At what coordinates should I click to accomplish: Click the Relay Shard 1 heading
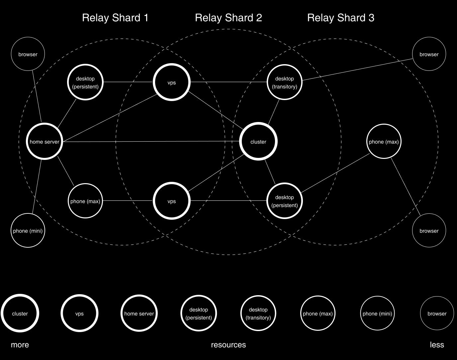click(x=115, y=18)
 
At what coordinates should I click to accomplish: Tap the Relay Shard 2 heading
click(x=228, y=18)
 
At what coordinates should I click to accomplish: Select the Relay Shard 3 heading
click(x=341, y=18)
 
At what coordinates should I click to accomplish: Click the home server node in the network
click(x=45, y=142)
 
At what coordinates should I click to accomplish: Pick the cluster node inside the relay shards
click(x=258, y=142)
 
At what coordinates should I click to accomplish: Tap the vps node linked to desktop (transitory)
click(x=171, y=82)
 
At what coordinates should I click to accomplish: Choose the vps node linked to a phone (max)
click(x=171, y=201)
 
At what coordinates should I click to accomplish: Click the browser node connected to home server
click(x=28, y=54)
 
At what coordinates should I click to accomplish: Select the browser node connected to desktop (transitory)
click(x=429, y=54)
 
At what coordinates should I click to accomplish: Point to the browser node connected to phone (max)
click(x=429, y=231)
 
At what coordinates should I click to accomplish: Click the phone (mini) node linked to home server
click(x=28, y=231)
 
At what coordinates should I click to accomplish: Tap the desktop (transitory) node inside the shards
click(x=285, y=82)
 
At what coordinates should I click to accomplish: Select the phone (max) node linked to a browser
click(x=384, y=142)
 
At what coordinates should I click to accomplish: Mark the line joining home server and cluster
click(x=149, y=142)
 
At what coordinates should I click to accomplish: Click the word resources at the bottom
click(x=228, y=345)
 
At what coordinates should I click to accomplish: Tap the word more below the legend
click(x=20, y=345)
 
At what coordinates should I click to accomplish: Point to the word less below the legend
click(x=437, y=345)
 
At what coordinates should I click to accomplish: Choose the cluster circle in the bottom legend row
click(x=20, y=313)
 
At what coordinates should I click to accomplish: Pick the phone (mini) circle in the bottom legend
click(x=377, y=313)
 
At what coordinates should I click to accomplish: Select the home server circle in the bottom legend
click(x=139, y=313)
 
